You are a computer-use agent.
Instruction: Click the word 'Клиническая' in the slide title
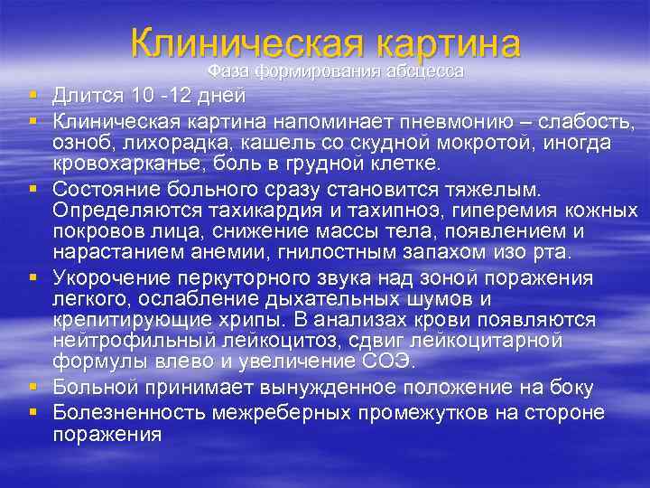[245, 44]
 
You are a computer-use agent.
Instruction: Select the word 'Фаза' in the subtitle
[229, 70]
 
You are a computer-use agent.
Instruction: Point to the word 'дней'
[221, 95]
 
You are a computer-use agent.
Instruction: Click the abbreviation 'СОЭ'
[388, 363]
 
